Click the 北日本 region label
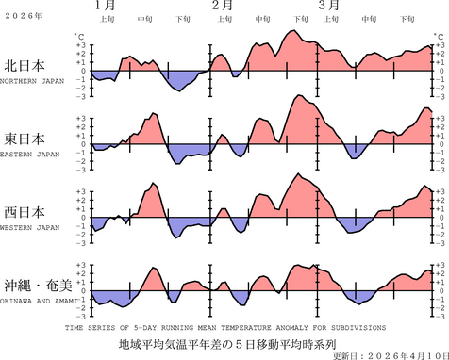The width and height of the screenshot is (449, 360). coord(28,68)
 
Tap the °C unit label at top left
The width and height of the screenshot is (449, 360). coord(79,36)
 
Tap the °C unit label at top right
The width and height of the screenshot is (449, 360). coord(435,36)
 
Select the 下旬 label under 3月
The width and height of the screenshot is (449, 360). coord(407,19)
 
